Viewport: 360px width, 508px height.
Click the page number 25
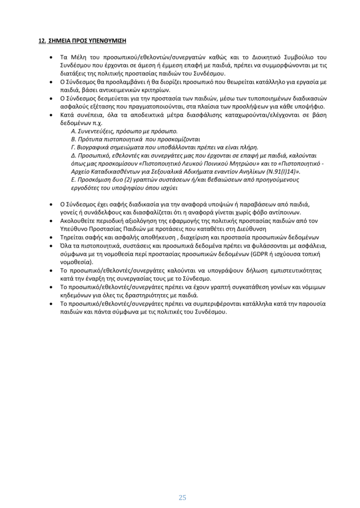(182, 484)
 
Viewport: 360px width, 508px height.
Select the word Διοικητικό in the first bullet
(259, 58)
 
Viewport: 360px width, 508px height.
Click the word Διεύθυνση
(288, 229)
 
